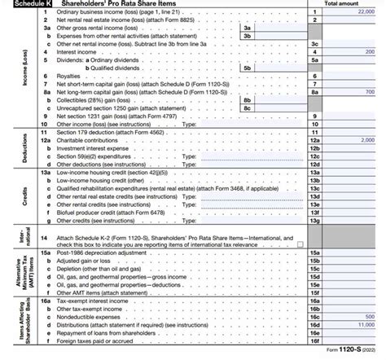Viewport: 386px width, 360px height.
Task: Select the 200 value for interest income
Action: pos(370,50)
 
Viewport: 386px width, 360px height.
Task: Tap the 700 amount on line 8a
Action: pos(370,93)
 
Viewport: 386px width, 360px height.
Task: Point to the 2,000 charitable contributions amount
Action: pos(366,140)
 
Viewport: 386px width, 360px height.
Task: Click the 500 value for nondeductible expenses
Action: pos(370,315)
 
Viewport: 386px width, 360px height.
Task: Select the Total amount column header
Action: pos(342,5)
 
